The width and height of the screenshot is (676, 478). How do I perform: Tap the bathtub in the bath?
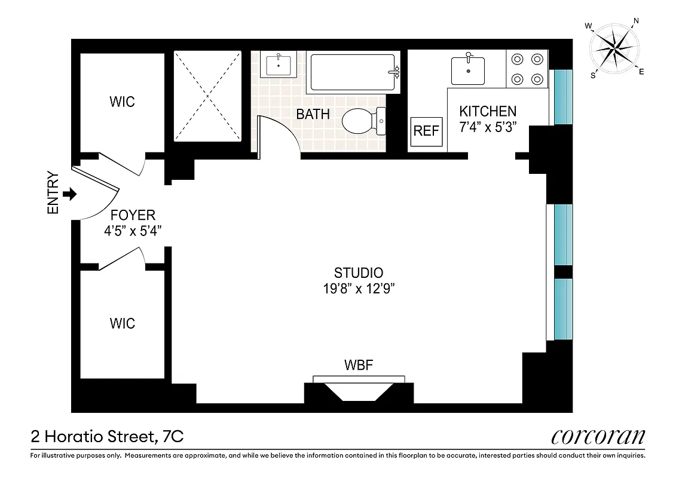pos(353,72)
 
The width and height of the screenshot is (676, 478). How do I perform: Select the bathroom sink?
pos(279,65)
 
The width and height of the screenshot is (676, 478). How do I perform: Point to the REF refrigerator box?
pos(426,131)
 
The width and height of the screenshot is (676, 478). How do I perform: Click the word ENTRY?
pos(54,194)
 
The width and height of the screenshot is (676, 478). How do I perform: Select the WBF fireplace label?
pos(359,364)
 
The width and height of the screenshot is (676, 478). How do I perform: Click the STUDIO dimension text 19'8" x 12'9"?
pos(358,288)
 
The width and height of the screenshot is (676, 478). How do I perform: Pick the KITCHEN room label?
pos(487,111)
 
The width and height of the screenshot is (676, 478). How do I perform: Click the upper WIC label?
pos(122,101)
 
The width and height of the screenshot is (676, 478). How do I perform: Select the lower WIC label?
pos(122,323)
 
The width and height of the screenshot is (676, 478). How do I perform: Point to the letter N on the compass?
pos(636,22)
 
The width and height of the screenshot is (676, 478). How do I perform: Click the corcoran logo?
pos(598,436)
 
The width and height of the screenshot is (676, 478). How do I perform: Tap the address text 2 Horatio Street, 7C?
pos(107,437)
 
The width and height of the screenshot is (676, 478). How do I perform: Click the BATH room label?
pos(313,114)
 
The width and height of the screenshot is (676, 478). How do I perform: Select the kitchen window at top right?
pos(563,97)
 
